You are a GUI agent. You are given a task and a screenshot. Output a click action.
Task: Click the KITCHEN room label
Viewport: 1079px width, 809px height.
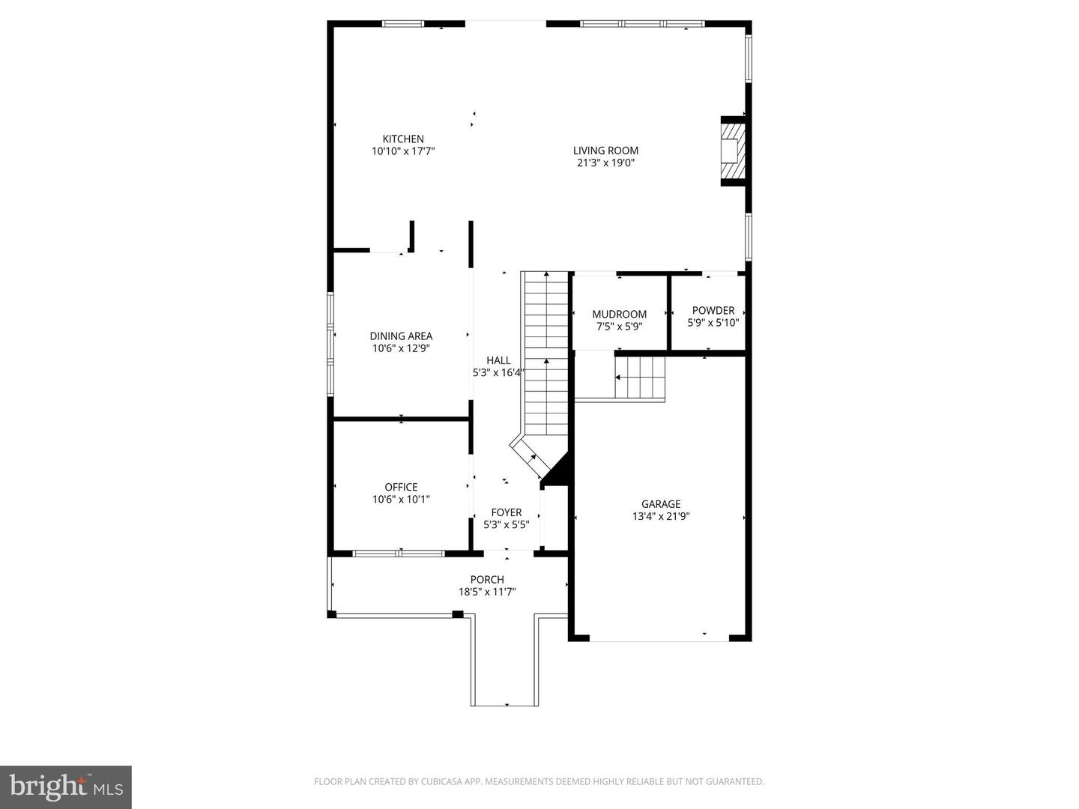coord(403,139)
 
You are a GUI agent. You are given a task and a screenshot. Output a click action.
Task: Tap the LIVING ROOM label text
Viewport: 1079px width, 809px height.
coord(605,151)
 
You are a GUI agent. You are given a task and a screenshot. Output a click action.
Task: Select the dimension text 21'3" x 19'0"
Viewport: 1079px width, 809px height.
coord(605,163)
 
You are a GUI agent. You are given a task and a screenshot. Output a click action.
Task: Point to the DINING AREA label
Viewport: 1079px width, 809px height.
coord(401,336)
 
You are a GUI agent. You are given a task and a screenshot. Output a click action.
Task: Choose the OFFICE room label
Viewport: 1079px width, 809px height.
coord(401,487)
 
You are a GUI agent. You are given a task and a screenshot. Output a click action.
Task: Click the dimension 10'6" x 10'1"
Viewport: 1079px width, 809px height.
coord(401,500)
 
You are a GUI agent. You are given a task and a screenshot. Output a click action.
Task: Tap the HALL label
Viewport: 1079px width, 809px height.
coord(498,360)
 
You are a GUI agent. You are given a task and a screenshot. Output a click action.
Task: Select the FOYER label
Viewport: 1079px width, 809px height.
coord(507,512)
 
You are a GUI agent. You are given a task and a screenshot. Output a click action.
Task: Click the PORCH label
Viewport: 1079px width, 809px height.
coord(487,579)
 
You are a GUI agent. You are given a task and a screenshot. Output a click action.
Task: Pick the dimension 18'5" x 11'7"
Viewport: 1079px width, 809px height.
coord(487,592)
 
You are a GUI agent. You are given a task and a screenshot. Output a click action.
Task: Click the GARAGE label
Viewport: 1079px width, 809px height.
coord(661,504)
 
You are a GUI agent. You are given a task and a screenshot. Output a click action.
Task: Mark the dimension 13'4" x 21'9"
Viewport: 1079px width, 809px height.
coord(661,516)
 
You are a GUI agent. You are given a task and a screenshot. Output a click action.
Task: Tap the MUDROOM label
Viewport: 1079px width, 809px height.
coord(620,314)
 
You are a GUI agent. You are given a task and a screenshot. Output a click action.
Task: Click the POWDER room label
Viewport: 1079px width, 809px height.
coord(713,310)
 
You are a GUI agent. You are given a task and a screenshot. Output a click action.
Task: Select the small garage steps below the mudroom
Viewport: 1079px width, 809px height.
coord(640,378)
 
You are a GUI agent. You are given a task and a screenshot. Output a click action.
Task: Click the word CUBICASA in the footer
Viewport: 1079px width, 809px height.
coord(444,781)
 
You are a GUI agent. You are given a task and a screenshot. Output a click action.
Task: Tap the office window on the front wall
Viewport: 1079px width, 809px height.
coord(399,554)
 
